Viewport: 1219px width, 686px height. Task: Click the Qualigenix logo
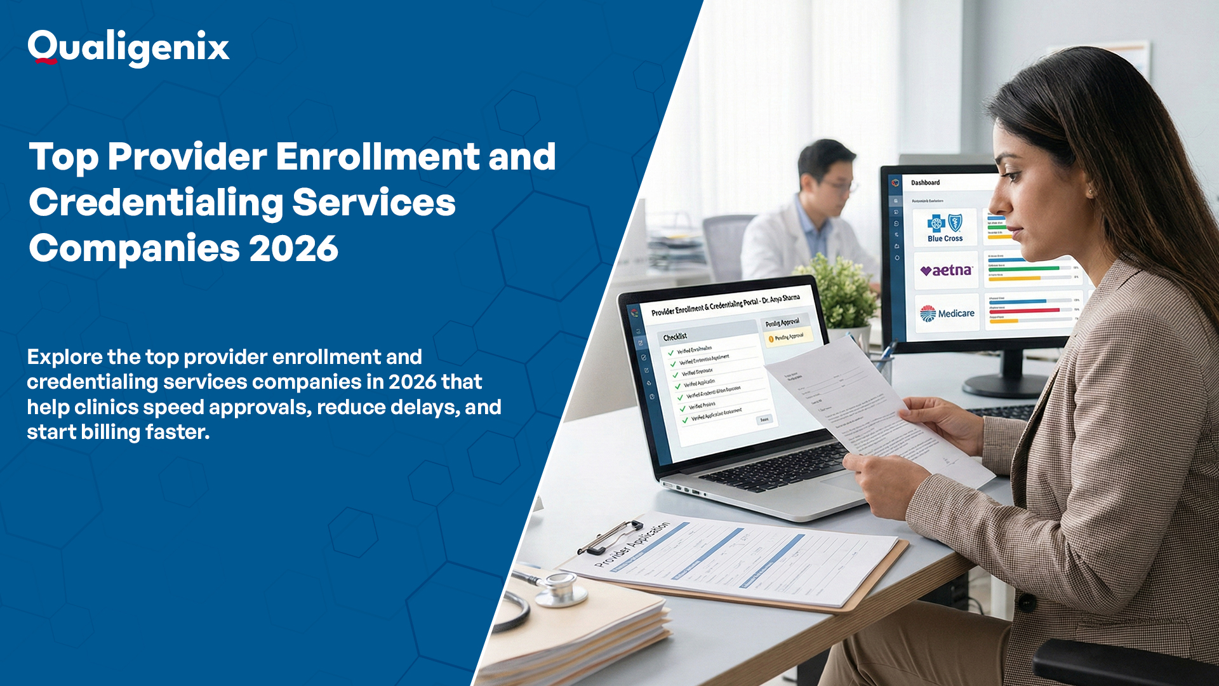tap(128, 48)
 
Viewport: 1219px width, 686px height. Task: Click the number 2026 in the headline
tap(293, 248)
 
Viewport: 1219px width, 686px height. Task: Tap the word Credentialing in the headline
tap(156, 203)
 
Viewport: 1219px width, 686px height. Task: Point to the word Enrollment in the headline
tap(378, 157)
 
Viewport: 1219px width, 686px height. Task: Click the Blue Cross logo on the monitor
tap(945, 227)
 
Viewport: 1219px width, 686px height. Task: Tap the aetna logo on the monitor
tap(946, 271)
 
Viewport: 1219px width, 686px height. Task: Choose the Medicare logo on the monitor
tap(947, 313)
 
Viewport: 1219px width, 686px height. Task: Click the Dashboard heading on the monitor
tap(925, 183)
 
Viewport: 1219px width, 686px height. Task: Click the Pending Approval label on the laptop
tap(782, 323)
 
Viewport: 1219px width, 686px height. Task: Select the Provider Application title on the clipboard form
tap(632, 545)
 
